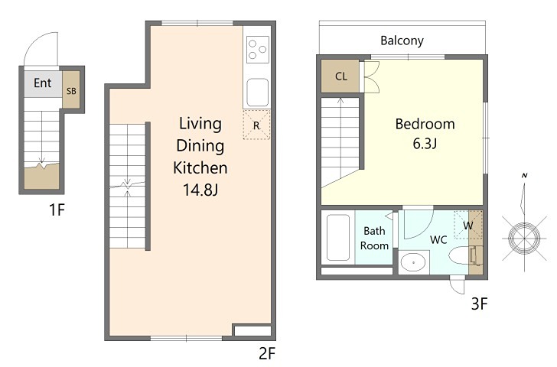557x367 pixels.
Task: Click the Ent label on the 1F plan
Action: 43,83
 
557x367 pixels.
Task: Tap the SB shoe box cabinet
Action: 71,89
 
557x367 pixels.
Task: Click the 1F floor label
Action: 57,209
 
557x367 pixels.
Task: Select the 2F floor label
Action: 267,353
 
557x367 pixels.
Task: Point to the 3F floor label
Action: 479,304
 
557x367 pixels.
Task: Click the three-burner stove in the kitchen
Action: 258,50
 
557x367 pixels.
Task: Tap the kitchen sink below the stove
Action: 258,93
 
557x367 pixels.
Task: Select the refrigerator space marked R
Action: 256,125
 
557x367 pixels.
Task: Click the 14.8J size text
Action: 200,190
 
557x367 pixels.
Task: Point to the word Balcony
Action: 402,41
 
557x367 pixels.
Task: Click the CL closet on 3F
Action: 340,76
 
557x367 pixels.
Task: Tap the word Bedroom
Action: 425,124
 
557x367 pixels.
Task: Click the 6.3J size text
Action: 425,144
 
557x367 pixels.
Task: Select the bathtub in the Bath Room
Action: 338,238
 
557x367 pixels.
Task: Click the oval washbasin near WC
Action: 413,263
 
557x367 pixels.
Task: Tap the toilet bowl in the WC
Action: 460,255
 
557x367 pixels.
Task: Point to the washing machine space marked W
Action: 468,225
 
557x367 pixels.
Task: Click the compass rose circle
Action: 524,238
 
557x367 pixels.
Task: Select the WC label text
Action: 438,240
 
